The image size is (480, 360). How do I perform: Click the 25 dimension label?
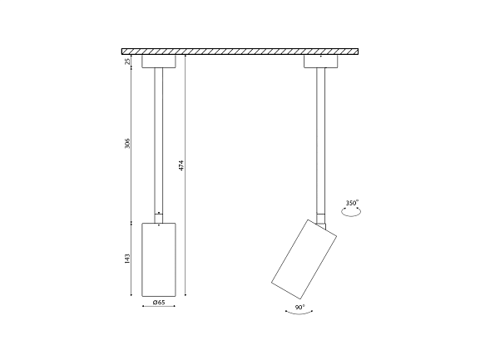coord(127,62)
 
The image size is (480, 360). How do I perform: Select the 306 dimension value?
coord(127,143)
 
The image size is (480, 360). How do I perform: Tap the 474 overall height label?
coord(181,165)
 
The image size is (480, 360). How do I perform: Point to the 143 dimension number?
coord(127,258)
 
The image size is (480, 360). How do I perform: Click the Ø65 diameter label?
coord(159,302)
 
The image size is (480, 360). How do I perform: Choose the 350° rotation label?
coord(352,203)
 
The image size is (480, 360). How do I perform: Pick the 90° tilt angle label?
coord(300,307)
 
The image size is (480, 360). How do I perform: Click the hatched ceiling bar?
coord(240,52)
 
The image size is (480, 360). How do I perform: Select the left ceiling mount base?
coord(159,62)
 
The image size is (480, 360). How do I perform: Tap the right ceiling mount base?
coord(321,62)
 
